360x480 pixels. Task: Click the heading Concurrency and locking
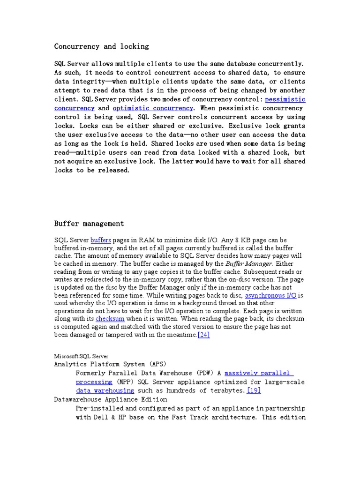click(101, 46)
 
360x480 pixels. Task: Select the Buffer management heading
click(89, 224)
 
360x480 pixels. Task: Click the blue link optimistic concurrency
click(153, 108)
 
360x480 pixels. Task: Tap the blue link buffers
click(100, 240)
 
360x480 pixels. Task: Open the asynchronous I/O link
click(271, 295)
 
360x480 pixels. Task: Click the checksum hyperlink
click(110, 318)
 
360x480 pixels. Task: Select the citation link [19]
click(254, 390)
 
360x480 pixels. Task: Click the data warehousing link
click(105, 390)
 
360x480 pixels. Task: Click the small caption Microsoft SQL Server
click(81, 356)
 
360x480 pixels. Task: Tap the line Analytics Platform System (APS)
click(110, 364)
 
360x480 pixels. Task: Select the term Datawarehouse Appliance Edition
click(111, 399)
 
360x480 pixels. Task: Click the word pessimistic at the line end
click(285, 99)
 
